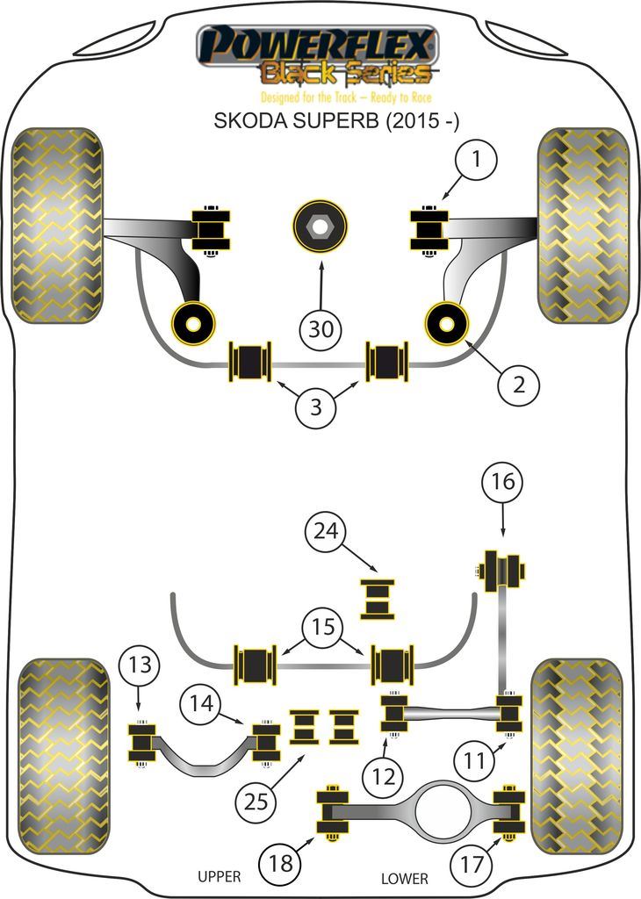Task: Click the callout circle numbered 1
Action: click(x=475, y=161)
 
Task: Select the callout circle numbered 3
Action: click(x=317, y=406)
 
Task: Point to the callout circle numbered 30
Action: click(x=321, y=330)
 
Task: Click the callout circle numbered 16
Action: click(x=502, y=482)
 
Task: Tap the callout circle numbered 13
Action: click(x=140, y=665)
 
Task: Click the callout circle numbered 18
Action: click(x=279, y=864)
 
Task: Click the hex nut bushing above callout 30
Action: click(x=320, y=226)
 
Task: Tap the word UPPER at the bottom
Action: click(x=219, y=876)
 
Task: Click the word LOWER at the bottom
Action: click(x=405, y=878)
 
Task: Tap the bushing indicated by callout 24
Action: click(x=379, y=600)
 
